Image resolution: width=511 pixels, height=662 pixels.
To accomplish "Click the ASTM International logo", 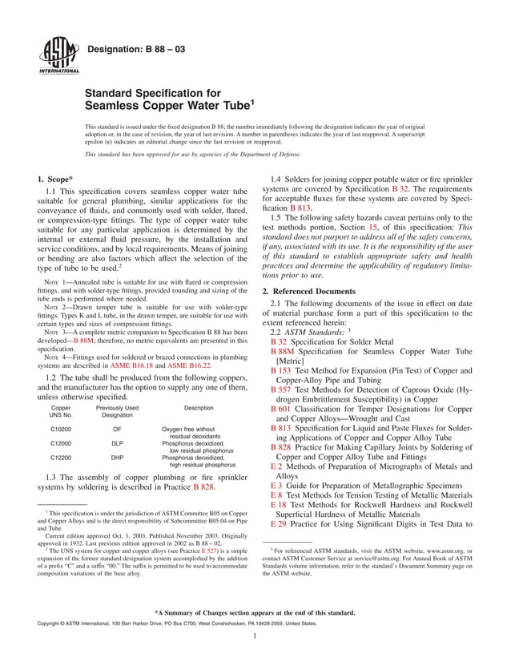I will tap(54, 55).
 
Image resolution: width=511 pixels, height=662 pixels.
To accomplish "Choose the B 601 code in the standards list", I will tap(280, 409).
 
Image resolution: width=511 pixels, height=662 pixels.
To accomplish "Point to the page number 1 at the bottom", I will tap(254, 637).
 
